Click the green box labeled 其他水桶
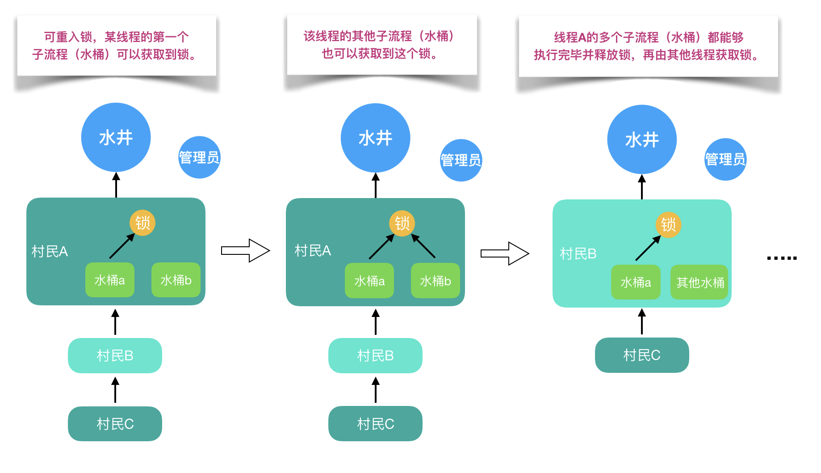click(x=699, y=282)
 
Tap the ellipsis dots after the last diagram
click(x=782, y=258)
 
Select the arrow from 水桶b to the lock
click(x=423, y=246)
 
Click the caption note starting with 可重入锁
click(x=116, y=46)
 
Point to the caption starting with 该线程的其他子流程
click(x=381, y=45)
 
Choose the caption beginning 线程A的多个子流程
click(x=648, y=46)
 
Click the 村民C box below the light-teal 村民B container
click(x=641, y=355)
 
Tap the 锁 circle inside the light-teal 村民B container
click(x=668, y=224)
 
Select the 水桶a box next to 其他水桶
click(x=635, y=282)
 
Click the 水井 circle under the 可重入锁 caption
click(x=116, y=137)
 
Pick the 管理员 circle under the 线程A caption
click(x=725, y=159)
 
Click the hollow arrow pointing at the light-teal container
click(x=505, y=253)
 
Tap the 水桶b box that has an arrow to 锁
click(x=435, y=281)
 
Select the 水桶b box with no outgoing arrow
click(x=176, y=280)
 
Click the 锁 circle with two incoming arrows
click(x=402, y=223)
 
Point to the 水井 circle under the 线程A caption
click(x=641, y=139)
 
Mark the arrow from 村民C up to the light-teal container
click(x=641, y=322)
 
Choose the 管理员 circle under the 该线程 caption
click(x=461, y=160)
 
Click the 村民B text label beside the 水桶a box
click(x=578, y=253)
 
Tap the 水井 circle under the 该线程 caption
click(x=375, y=138)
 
